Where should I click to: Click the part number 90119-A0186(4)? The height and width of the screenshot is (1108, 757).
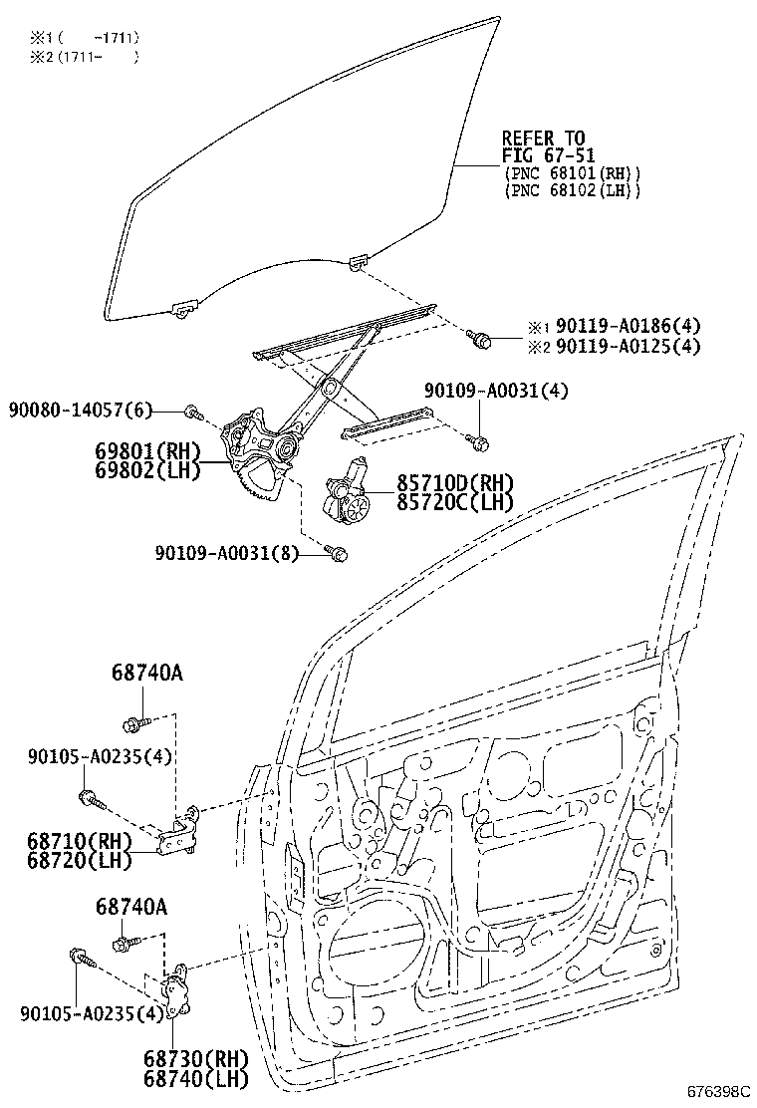[x=628, y=326]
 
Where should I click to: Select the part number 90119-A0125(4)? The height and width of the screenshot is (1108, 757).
[x=628, y=346]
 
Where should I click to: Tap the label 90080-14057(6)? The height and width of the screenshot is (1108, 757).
[x=82, y=410]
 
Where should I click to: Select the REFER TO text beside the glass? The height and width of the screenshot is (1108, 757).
[x=543, y=138]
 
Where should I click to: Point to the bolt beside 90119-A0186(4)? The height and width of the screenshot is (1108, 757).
[x=483, y=341]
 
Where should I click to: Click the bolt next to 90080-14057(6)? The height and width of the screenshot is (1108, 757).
[x=195, y=412]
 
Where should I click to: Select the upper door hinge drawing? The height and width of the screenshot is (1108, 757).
[x=182, y=831]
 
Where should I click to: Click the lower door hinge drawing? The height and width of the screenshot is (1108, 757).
[x=177, y=993]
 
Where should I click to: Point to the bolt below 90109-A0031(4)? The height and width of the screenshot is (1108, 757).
[x=480, y=439]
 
